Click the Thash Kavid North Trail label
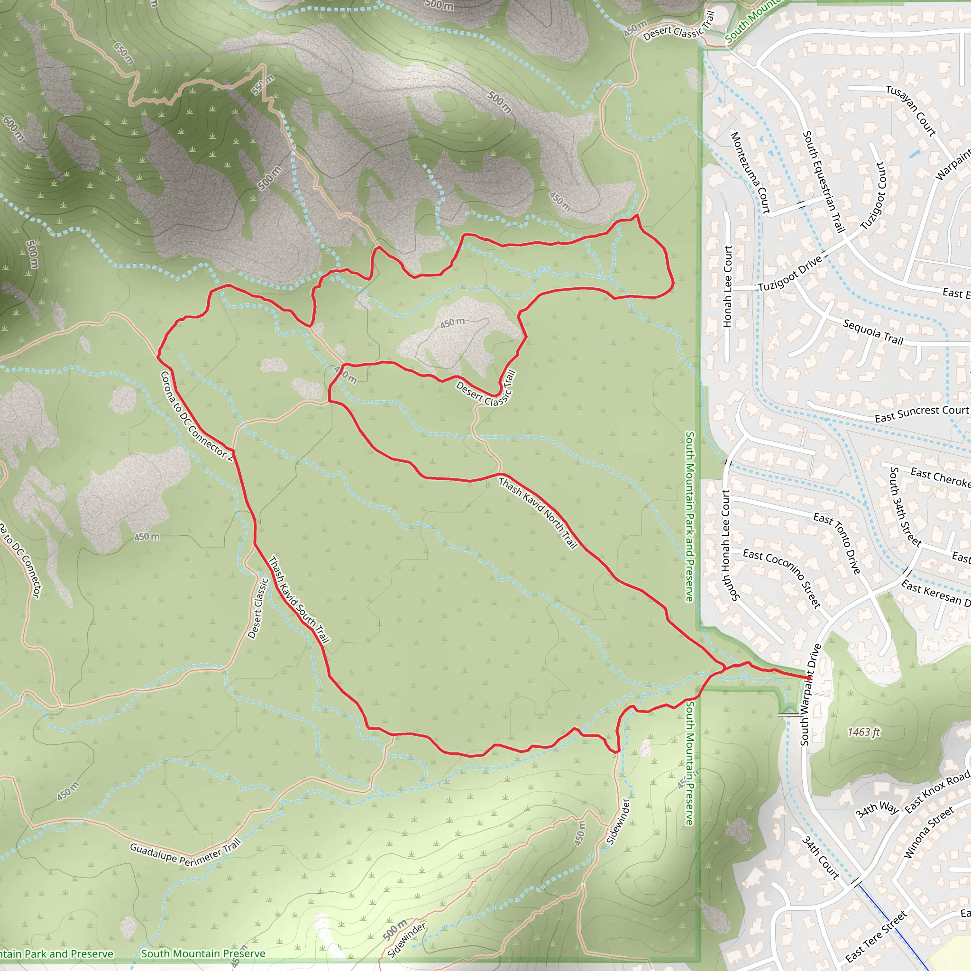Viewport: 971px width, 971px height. click(537, 513)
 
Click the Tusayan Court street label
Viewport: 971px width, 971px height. click(910, 110)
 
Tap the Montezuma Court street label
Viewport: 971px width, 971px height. click(750, 173)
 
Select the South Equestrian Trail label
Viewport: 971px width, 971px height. click(823, 182)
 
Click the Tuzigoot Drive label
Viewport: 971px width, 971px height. click(789, 274)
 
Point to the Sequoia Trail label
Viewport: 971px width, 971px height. click(873, 332)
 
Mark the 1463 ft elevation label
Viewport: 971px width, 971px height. click(863, 732)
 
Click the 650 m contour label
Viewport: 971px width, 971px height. click(124, 53)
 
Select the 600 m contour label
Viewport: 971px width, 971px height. click(13, 128)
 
